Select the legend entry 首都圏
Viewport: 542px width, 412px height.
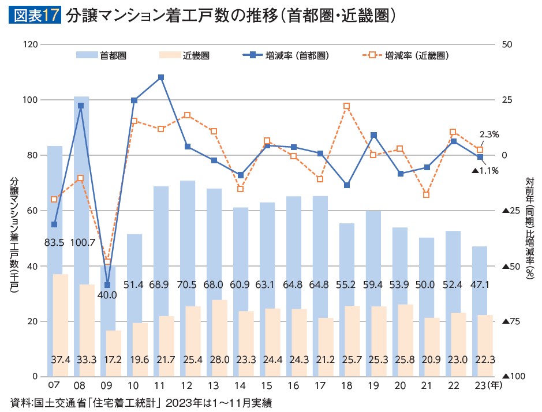102,55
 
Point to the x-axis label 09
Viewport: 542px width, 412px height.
107,384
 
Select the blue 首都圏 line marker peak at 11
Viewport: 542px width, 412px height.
161,77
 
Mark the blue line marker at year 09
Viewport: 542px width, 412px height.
107,285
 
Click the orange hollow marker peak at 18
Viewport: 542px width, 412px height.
346,106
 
